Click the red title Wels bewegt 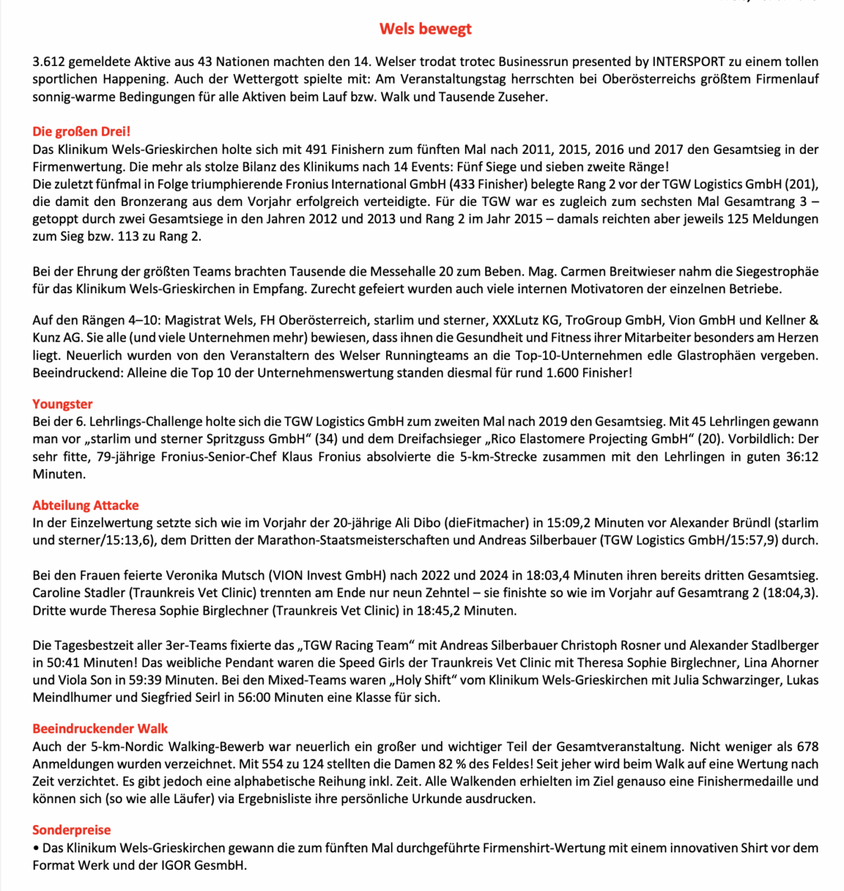pyautogui.click(x=426, y=29)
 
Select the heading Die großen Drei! pyautogui.click(x=82, y=132)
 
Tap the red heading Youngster pyautogui.click(x=63, y=404)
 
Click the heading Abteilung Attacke pyautogui.click(x=86, y=505)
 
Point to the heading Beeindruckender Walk pyautogui.click(x=101, y=729)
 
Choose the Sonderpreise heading pyautogui.click(x=72, y=830)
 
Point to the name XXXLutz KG pyautogui.click(x=525, y=321)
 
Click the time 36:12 pyautogui.click(x=802, y=456)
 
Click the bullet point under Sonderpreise pyautogui.click(x=36, y=848)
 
